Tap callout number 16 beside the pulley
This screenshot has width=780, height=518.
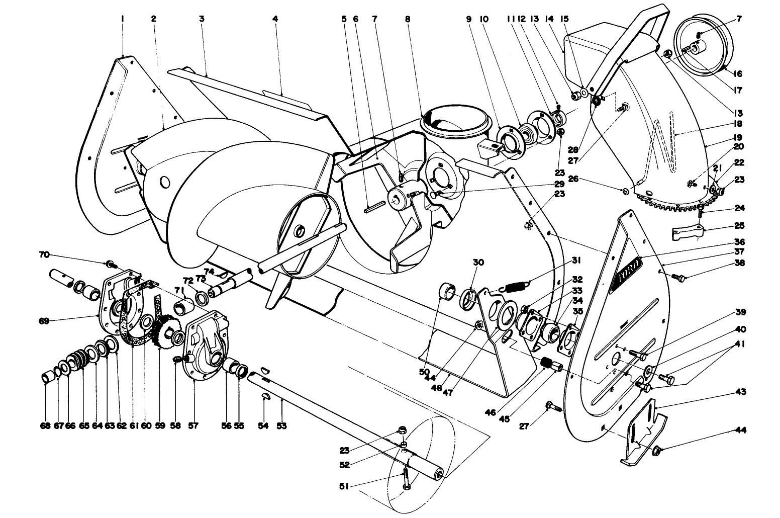[x=737, y=73]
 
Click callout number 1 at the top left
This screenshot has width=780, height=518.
[x=122, y=19]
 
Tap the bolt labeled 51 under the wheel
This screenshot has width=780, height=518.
[x=406, y=478]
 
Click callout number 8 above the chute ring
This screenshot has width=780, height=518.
[x=407, y=19]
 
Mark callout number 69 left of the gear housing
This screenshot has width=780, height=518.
[x=44, y=320]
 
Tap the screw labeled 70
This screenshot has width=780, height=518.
[x=110, y=263]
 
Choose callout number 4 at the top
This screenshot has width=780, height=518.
[x=275, y=19]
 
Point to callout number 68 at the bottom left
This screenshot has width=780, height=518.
[x=45, y=426]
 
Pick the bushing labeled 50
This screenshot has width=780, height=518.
[x=446, y=291]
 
